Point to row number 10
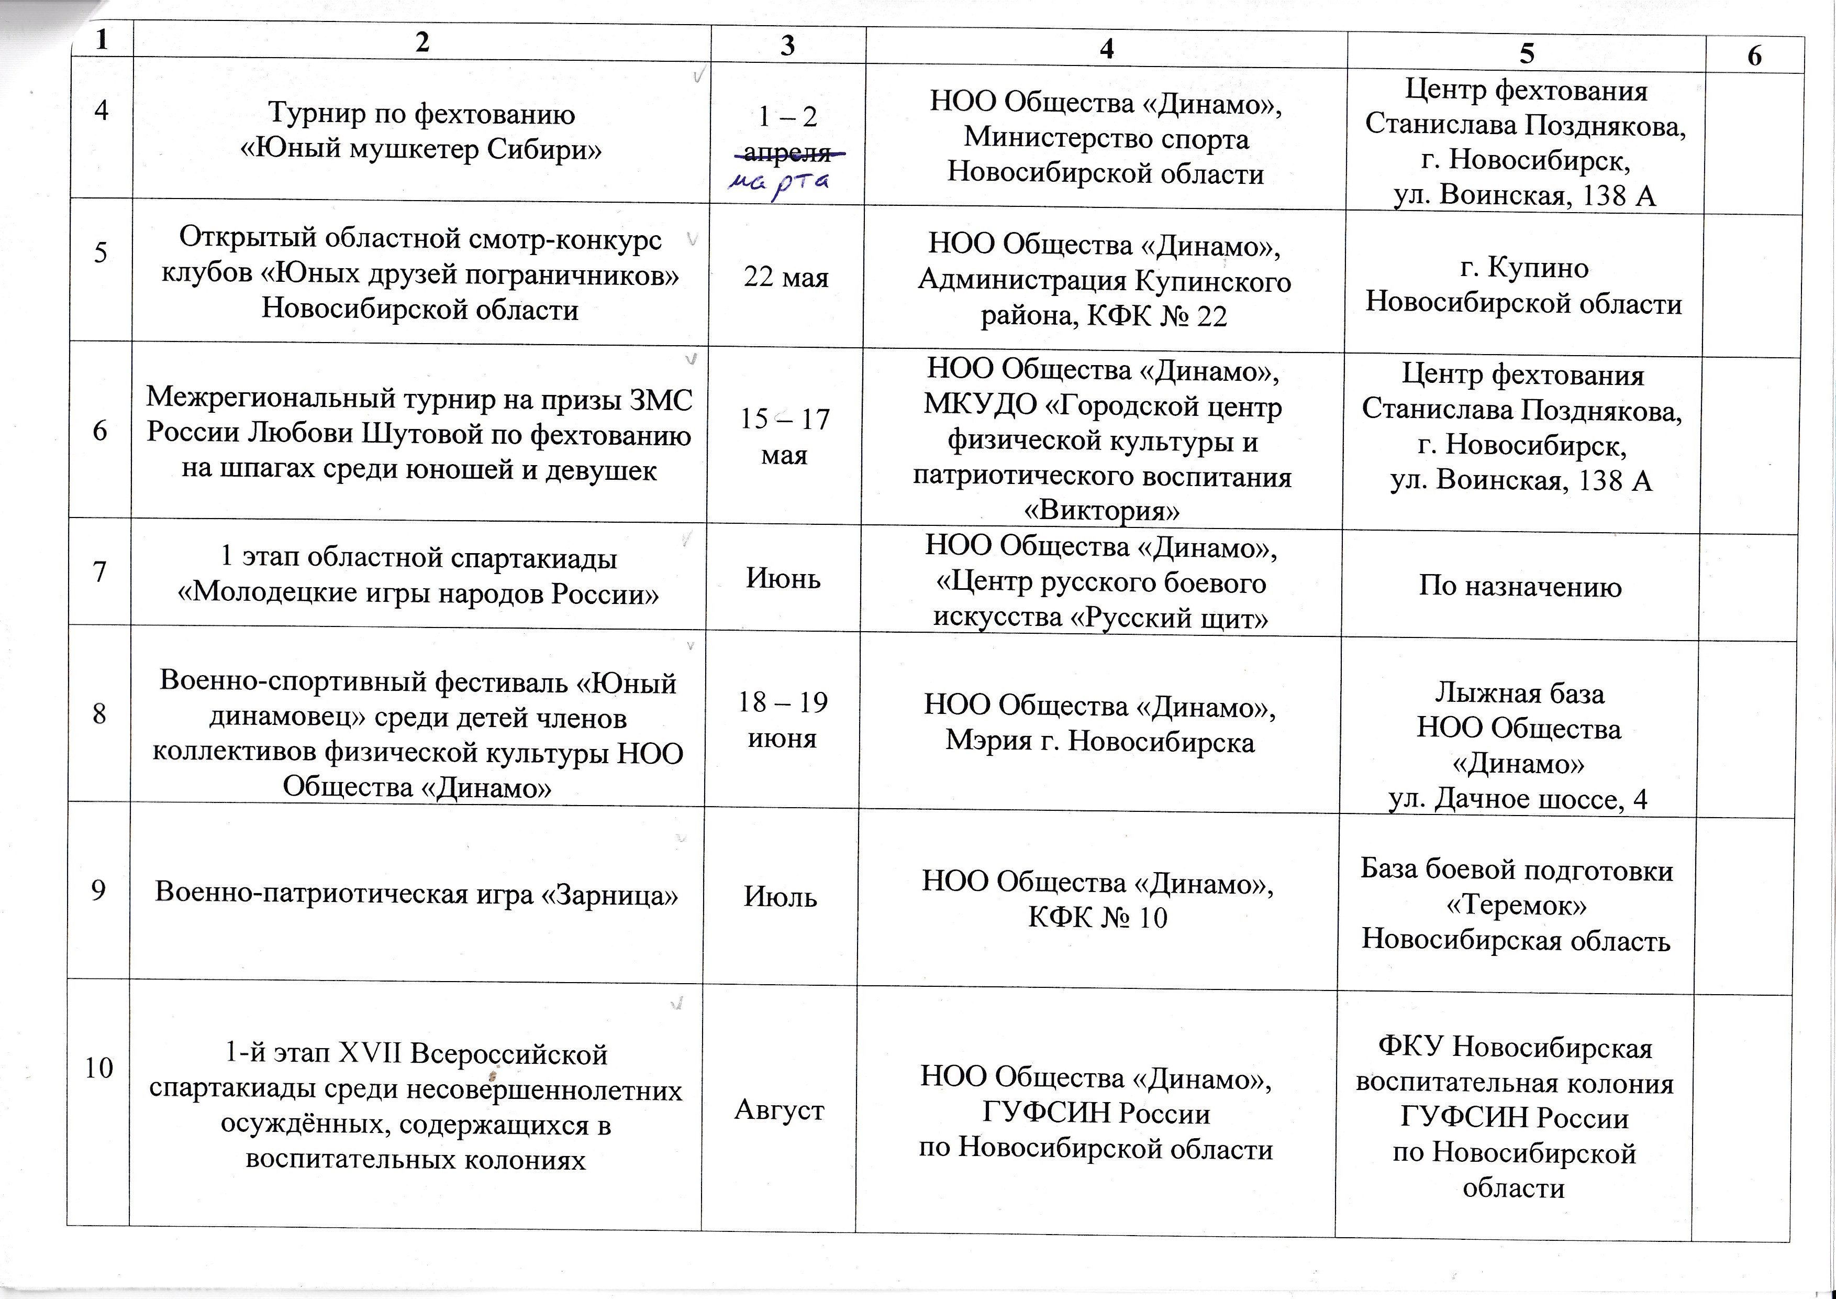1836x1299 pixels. [98, 1068]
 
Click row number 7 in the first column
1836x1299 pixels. [100, 572]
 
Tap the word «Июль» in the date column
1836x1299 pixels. [781, 897]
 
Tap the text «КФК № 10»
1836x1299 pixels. [1097, 917]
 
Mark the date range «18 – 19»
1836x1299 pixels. [782, 702]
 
